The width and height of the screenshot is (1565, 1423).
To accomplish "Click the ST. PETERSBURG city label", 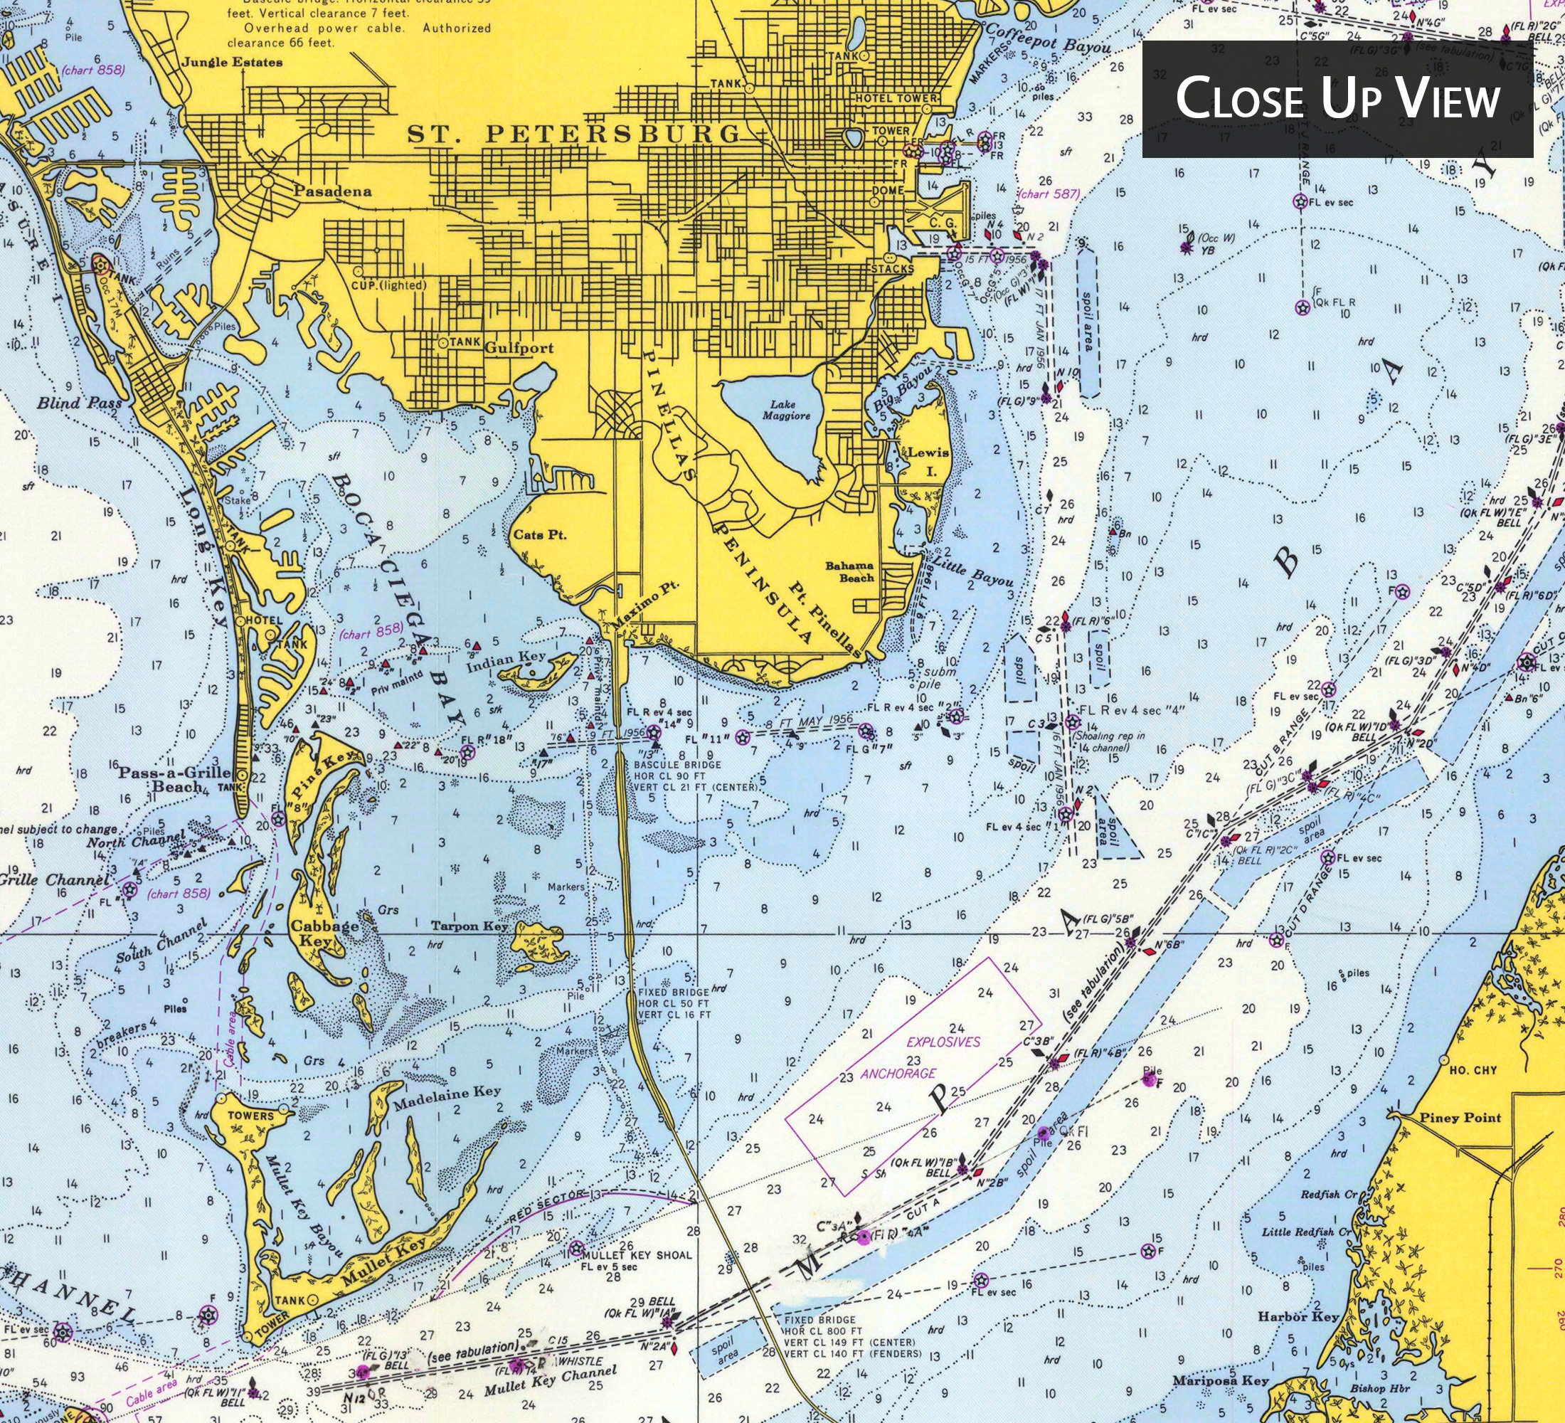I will (575, 134).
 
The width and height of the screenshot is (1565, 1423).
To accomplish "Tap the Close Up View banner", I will (1337, 99).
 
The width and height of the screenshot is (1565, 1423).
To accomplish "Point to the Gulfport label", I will (519, 348).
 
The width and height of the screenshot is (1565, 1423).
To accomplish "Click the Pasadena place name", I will (332, 191).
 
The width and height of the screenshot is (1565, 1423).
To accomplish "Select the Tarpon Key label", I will (469, 926).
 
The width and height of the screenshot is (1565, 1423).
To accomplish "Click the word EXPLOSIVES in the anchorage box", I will (944, 1042).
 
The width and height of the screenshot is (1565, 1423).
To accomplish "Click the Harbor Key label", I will (1298, 1317).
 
